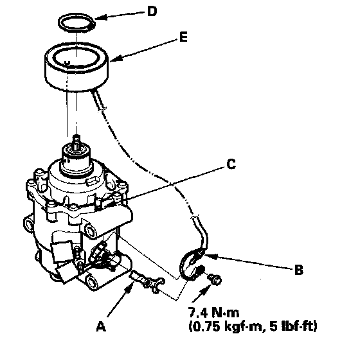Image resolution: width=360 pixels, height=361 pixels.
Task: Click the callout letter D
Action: tap(152, 12)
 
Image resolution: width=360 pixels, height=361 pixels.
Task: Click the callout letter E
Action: tap(183, 37)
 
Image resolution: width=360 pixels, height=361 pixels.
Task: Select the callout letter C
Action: tap(231, 164)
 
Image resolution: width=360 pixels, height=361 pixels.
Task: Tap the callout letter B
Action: tap(299, 270)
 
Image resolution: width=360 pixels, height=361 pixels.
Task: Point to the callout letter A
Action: tap(101, 326)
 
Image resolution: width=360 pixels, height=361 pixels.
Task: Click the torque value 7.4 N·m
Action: tap(213, 312)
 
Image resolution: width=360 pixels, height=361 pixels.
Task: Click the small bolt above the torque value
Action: tap(215, 279)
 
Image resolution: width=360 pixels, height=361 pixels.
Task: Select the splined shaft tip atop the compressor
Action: tap(76, 141)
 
